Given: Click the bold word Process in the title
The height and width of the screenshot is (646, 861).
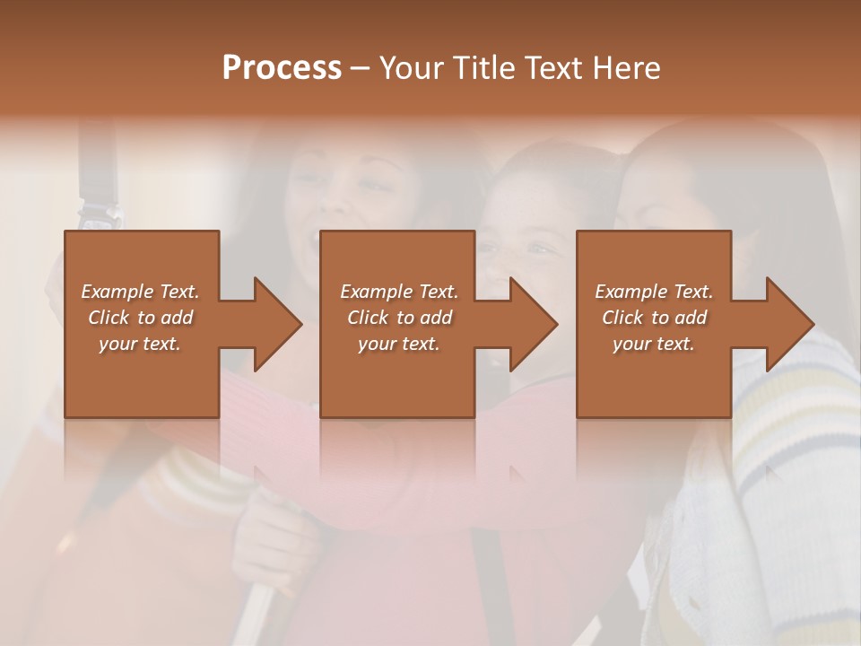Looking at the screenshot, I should [282, 68].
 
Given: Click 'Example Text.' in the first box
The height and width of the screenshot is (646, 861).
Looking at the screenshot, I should [140, 292].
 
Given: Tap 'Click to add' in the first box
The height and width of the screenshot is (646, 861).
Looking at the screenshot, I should [140, 318].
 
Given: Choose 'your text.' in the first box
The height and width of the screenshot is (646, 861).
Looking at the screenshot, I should [140, 344].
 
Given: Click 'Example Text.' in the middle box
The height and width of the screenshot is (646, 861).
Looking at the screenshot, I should [399, 292].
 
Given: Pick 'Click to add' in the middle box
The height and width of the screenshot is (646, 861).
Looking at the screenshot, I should [399, 318].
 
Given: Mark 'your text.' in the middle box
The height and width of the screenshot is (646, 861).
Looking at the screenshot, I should [399, 344].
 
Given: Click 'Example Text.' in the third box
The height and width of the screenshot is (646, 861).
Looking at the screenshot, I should [654, 292].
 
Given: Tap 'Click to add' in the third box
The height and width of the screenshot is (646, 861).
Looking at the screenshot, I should [654, 318].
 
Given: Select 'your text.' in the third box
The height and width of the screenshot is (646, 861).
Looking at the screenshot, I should [654, 344].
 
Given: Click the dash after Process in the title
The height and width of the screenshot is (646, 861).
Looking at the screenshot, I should [360, 68].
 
